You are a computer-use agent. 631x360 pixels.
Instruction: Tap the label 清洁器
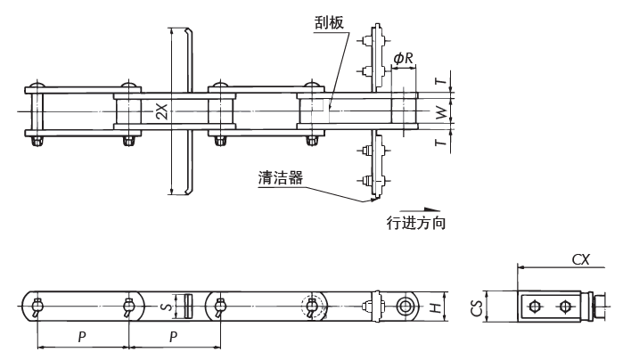coord(278,177)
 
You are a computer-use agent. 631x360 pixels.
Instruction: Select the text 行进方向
coord(416,223)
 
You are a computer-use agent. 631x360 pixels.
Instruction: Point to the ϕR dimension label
coord(403,59)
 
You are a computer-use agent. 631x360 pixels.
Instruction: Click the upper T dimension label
coord(438,80)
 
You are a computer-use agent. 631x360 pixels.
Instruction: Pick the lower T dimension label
coord(438,143)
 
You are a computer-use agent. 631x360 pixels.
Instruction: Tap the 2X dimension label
coord(160,111)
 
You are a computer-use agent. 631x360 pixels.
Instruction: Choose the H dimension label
coord(434,307)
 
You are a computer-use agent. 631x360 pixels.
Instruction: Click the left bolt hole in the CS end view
coord(534,307)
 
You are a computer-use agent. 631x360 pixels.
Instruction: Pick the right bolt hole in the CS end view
coord(564,307)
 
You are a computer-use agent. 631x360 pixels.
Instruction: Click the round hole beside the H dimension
coord(406,307)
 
